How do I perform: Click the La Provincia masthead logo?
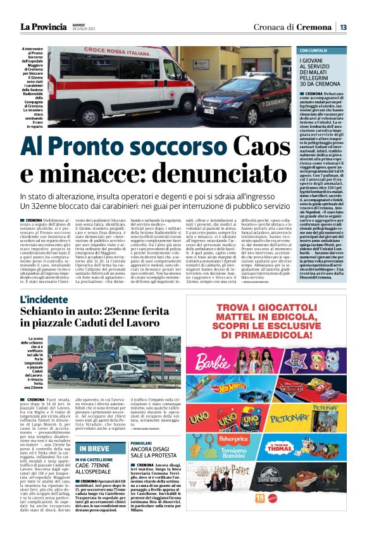[43, 27]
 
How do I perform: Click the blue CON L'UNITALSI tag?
[314, 50]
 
